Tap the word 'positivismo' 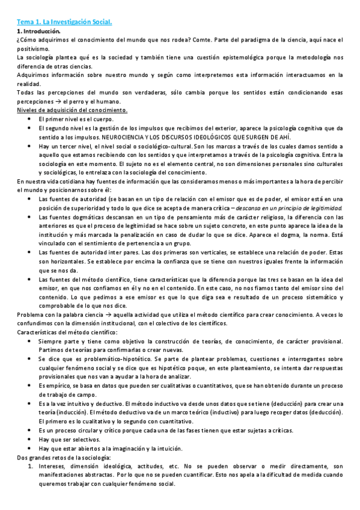click(33, 48)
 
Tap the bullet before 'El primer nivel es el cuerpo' click(29, 119)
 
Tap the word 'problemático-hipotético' click(102, 358)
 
